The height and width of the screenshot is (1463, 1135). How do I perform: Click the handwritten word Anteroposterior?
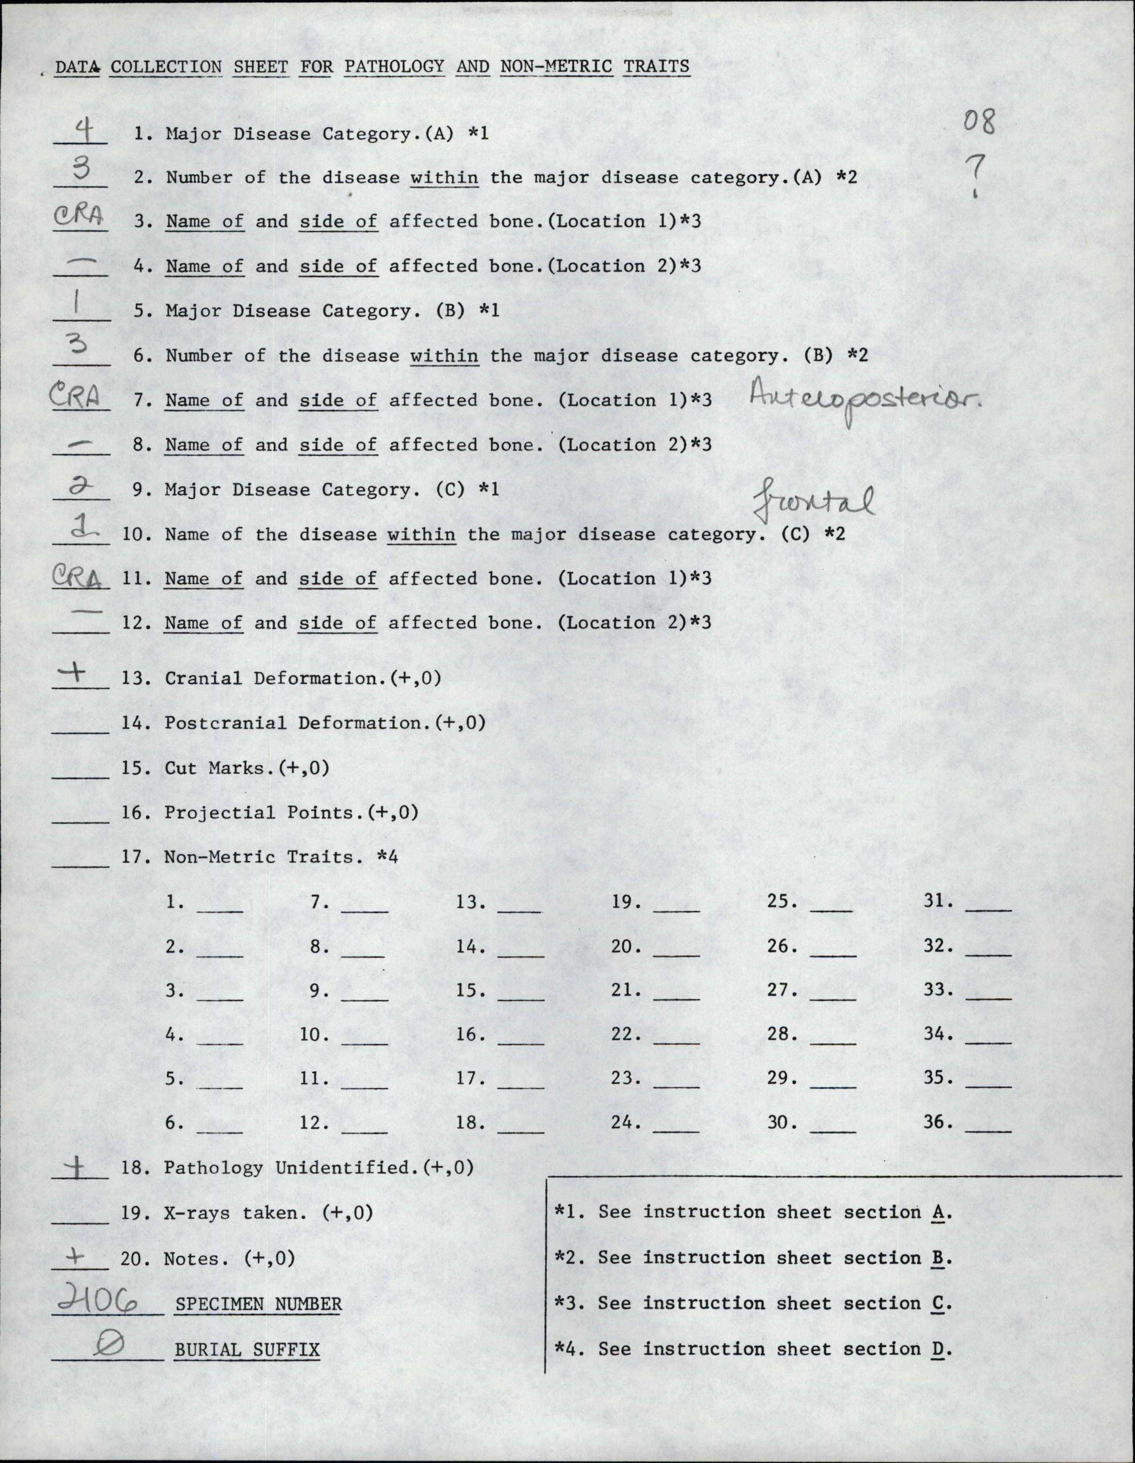(x=864, y=400)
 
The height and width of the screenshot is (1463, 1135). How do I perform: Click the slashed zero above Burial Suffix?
(x=108, y=1345)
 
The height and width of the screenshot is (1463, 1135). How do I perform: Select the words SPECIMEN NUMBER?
(x=258, y=1304)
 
